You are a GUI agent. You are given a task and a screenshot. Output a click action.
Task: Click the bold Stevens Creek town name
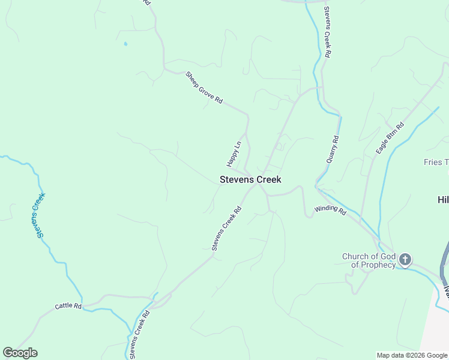pos(250,179)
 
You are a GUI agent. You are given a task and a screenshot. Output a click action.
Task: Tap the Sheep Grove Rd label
pos(204,88)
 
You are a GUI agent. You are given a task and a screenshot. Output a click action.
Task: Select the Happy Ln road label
pos(234,154)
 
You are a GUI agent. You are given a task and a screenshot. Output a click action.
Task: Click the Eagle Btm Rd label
pos(391,138)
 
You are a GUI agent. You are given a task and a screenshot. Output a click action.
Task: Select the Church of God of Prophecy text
pos(369,260)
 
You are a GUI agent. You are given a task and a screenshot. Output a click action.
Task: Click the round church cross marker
pos(405,260)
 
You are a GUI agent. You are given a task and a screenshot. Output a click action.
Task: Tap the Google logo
pos(20,353)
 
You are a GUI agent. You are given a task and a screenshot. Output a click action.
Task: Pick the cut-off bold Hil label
pos(442,200)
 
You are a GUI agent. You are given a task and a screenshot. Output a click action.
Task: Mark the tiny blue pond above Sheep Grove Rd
pos(125,44)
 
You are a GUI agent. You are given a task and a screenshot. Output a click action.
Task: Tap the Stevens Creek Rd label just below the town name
pos(226,228)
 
